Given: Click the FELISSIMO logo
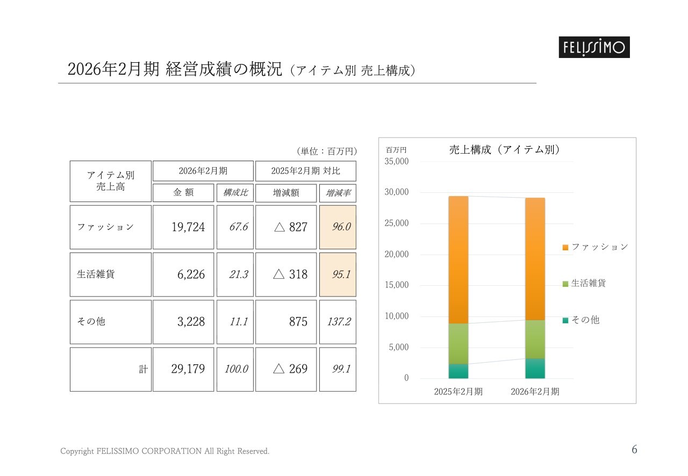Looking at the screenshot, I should coord(593,47).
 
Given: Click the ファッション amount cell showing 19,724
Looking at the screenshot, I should coord(183,227).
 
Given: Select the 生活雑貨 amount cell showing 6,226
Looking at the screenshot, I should coord(183,275).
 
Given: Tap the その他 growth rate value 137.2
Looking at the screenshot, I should coord(338,322).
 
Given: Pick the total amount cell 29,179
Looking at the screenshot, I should coord(183,369).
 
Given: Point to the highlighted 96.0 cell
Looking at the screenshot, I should coord(338,227).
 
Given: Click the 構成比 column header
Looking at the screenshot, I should coord(235,193).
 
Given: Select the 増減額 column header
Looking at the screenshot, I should coord(286,193).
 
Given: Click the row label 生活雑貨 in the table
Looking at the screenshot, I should coord(96,275).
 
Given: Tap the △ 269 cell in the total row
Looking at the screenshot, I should coord(286,369).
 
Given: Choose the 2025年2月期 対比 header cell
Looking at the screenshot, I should coord(306,171).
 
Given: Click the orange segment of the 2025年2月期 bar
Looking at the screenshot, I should coord(458,260).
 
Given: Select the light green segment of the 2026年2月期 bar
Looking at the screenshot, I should coord(535,339).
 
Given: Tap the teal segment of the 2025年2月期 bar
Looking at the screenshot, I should coord(458,371).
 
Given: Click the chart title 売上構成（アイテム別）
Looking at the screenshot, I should coord(504,150).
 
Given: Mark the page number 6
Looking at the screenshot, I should coord(634,450).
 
